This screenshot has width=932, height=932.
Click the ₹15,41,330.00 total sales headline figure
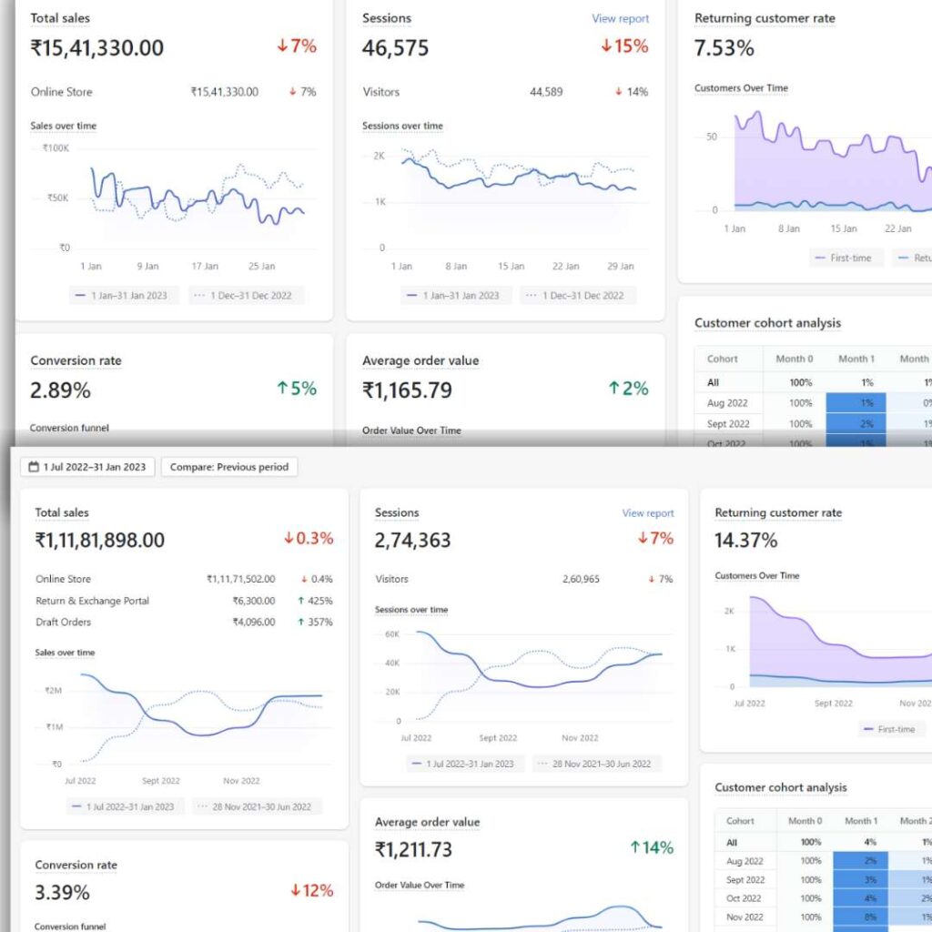coord(97,48)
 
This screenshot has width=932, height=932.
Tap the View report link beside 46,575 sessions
coord(620,18)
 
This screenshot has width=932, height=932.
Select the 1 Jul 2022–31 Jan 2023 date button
coord(87,467)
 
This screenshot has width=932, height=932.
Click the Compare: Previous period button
coord(228,467)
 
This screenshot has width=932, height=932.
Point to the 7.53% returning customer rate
coord(724,48)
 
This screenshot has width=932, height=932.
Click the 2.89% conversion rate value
coord(60,390)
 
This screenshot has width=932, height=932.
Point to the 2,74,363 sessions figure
coord(412,540)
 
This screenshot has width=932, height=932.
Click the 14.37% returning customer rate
coord(746,540)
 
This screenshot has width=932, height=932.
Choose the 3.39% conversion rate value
coord(63,890)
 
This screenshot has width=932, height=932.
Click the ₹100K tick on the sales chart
coord(56,147)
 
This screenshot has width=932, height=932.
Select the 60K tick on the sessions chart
coord(392,633)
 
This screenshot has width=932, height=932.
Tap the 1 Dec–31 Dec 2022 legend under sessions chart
coord(579,296)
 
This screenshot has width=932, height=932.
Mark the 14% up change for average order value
coord(651,848)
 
